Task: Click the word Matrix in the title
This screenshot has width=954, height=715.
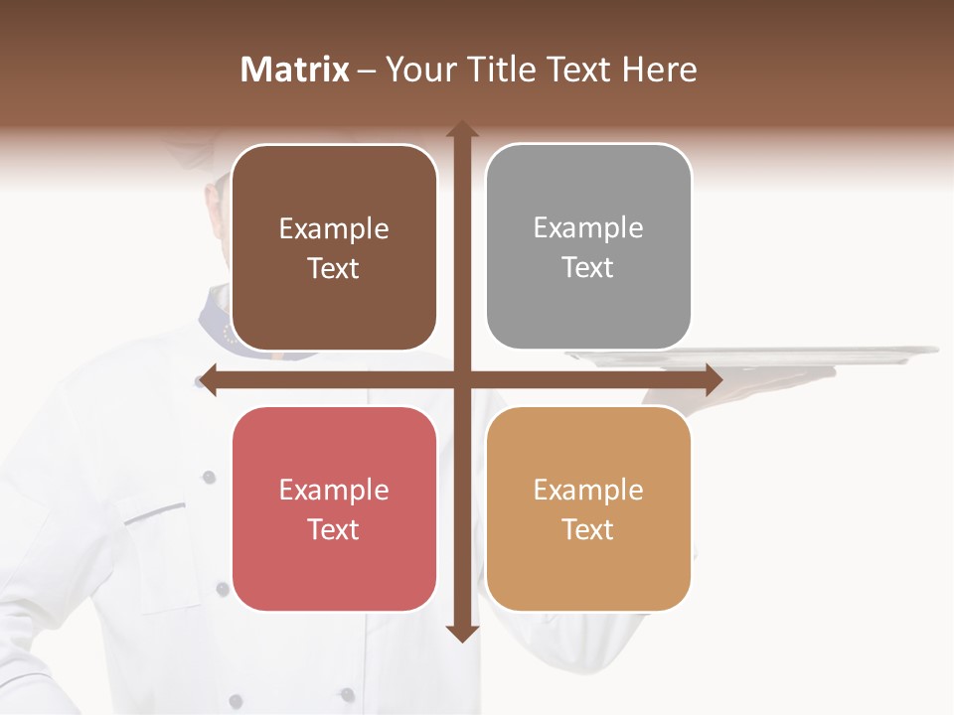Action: [295, 69]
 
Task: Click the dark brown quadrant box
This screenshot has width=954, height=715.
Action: [334, 298]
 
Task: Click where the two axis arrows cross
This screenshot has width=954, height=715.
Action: [462, 379]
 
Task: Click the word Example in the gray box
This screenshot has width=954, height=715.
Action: [588, 228]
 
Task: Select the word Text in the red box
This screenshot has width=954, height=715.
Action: [334, 529]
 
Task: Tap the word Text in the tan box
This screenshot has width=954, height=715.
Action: [588, 529]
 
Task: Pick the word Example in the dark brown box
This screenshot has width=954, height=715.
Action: [334, 229]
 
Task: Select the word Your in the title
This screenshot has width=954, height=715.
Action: [418, 70]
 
